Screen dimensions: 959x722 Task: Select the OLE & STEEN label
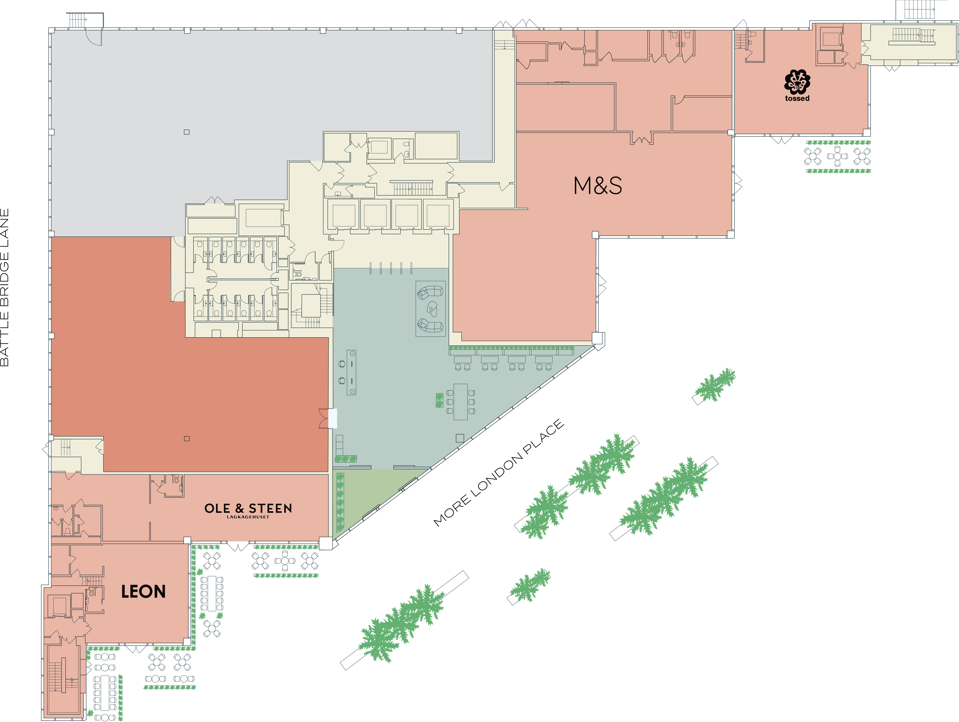[x=248, y=508]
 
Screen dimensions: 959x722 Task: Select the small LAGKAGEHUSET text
[x=248, y=517]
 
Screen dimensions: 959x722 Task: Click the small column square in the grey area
[x=186, y=132]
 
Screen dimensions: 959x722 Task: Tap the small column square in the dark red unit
[x=186, y=438]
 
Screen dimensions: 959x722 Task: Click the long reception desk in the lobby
[x=352, y=372]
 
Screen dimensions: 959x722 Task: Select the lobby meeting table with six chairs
[x=460, y=401]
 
